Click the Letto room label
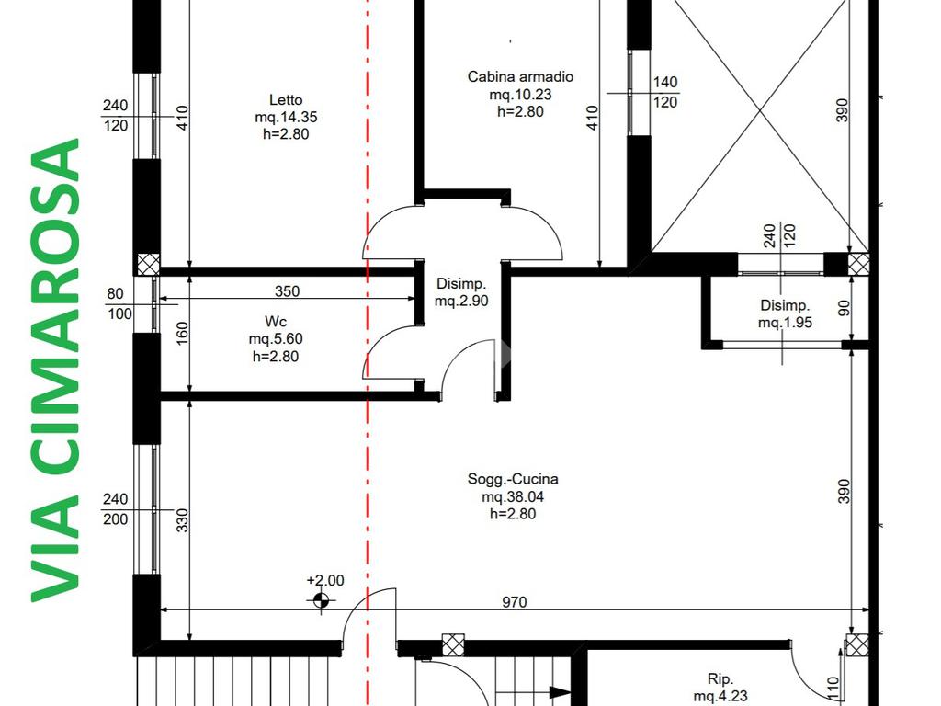(x=286, y=117)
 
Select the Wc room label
(x=276, y=338)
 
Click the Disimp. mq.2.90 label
(x=461, y=291)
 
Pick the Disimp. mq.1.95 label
(x=785, y=314)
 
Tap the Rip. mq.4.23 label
(x=720, y=688)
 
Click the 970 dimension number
(x=515, y=601)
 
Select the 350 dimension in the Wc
(x=287, y=291)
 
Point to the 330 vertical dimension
(x=183, y=520)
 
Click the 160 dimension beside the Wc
(x=183, y=333)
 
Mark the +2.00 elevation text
(x=325, y=581)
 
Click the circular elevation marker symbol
(x=321, y=599)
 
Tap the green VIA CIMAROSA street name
(x=55, y=370)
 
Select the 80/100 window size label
(x=119, y=303)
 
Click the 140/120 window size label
(x=665, y=93)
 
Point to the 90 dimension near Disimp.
(x=844, y=308)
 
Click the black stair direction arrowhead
(x=560, y=692)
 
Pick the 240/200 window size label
(x=115, y=509)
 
